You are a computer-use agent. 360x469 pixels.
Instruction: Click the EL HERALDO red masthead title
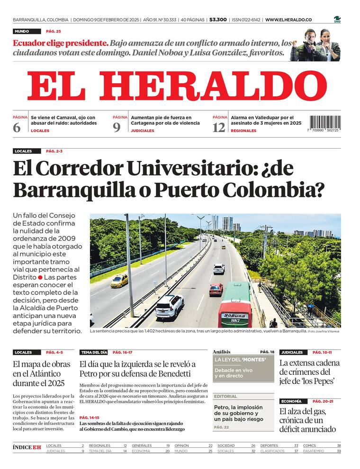pyautogui.click(x=177, y=87)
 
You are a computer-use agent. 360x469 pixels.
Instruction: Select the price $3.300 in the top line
pyautogui.click(x=217, y=20)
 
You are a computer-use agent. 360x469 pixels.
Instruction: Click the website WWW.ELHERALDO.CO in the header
pyautogui.click(x=288, y=20)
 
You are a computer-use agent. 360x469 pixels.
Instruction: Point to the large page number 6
pyautogui.click(x=17, y=127)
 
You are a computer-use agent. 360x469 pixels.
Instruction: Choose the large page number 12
pyautogui.click(x=219, y=127)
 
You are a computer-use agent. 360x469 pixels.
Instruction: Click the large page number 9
pyautogui.click(x=117, y=127)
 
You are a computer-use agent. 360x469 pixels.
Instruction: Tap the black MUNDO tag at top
pyautogui.click(x=22, y=31)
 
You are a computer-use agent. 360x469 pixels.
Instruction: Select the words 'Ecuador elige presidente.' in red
pyautogui.click(x=61, y=43)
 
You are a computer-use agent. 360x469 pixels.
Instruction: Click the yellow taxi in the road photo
pyautogui.click(x=119, y=281)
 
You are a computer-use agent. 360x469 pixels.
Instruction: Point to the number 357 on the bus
pyautogui.click(x=234, y=321)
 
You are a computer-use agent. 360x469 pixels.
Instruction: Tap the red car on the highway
pyautogui.click(x=216, y=289)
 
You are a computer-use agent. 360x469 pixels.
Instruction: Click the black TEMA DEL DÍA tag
pyautogui.click(x=93, y=353)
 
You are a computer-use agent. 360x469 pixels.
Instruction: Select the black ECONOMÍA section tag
pyautogui.click(x=291, y=401)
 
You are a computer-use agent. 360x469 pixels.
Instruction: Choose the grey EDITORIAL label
pyautogui.click(x=225, y=396)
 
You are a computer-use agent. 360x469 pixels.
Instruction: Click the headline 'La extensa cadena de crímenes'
pyautogui.click(x=309, y=372)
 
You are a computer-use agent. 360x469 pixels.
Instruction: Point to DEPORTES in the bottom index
pyautogui.click(x=269, y=445)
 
